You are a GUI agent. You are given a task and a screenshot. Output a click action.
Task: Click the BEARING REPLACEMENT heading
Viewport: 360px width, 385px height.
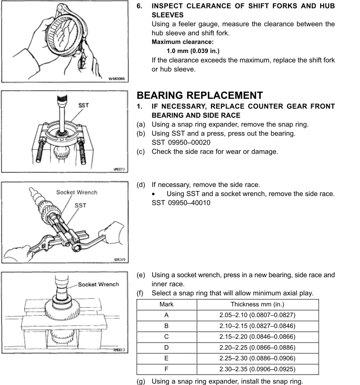click(199, 95)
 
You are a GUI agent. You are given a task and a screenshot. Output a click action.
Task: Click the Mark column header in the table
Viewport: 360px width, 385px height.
click(166, 304)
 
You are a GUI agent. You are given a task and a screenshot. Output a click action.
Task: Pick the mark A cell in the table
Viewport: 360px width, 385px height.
click(166, 315)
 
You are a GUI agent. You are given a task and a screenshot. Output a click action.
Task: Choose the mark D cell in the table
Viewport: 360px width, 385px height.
click(166, 347)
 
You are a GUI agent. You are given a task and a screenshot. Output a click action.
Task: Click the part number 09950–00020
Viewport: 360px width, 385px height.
click(181, 143)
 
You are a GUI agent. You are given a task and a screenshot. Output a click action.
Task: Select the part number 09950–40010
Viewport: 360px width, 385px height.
click(181, 203)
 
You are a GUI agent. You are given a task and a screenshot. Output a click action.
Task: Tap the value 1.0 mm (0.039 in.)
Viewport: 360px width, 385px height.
click(193, 51)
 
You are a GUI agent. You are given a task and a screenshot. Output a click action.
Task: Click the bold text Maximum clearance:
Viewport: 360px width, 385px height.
click(179, 42)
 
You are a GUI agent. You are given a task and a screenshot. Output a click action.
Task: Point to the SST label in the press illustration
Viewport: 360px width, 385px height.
click(84, 106)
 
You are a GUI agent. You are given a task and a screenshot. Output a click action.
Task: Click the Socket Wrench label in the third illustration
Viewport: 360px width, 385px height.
click(77, 192)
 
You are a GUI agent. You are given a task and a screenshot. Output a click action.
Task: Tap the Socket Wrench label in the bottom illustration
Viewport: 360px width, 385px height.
click(98, 284)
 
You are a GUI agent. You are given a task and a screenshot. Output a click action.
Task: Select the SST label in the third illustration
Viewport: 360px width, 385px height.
click(80, 205)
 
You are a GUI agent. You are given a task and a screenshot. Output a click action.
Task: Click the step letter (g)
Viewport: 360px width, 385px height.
click(141, 381)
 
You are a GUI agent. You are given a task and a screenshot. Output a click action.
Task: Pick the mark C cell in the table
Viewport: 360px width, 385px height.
click(166, 337)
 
